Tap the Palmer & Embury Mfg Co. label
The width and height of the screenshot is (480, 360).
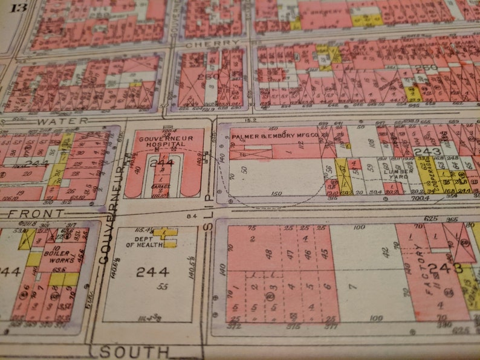click(274, 138)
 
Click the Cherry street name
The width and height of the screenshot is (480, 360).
click(204, 44)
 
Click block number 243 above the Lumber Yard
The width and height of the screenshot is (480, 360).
click(427, 152)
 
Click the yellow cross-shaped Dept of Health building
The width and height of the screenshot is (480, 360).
click(166, 236)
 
